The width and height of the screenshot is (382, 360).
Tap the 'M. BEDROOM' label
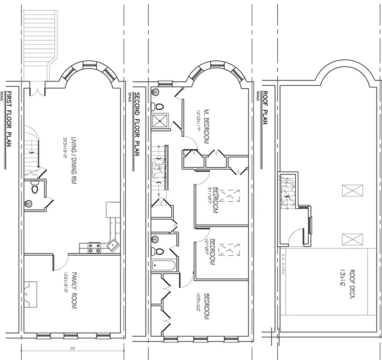(x=207, y=126)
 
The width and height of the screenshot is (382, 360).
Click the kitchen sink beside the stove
(x=112, y=245)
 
